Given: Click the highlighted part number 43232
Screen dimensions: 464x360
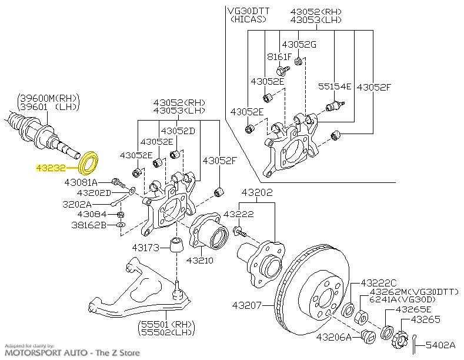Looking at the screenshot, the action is (x=51, y=168).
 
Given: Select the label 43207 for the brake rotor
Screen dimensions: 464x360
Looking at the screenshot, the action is (x=247, y=305).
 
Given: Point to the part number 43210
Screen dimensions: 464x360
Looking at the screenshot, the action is (x=200, y=260).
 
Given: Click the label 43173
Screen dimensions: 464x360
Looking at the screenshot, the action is (x=146, y=248).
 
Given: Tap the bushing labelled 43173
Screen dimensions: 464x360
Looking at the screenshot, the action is (x=177, y=245).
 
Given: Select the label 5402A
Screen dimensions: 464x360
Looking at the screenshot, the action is (x=440, y=345).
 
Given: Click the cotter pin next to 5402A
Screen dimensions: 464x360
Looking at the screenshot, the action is (x=415, y=344).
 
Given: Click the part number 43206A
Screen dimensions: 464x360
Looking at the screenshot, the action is (x=334, y=337).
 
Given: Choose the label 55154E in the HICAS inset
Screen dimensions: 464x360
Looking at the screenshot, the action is (x=335, y=86).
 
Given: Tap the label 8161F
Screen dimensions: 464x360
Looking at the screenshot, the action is (x=279, y=56).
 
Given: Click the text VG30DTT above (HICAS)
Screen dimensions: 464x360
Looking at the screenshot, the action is (x=249, y=11).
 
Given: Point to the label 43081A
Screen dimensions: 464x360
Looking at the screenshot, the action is (x=81, y=182).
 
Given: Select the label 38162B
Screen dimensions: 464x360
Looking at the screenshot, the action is (x=89, y=225).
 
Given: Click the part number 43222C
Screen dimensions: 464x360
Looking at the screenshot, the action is (x=379, y=284).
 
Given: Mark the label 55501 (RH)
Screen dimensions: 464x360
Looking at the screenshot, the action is (x=166, y=324).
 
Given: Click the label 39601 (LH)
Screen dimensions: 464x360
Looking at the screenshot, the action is (x=49, y=106).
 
